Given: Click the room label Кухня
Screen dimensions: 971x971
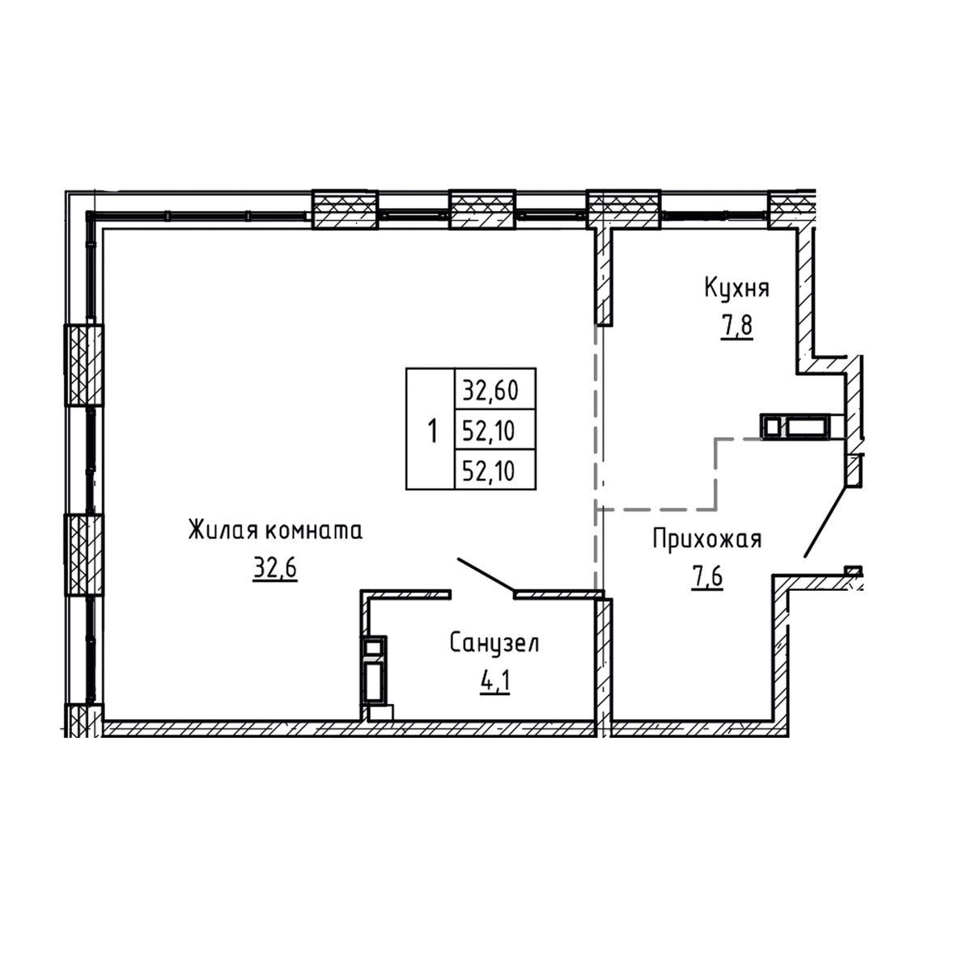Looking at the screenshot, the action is [736, 289].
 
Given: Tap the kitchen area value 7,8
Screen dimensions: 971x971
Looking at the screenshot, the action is [736, 325].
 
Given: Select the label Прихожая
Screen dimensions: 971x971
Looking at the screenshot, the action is [707, 540].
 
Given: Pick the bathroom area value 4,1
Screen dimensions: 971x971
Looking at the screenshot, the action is [495, 683].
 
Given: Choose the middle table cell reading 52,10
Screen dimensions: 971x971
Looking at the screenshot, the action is [495, 430].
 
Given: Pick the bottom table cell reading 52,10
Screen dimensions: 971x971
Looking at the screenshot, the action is [495, 469].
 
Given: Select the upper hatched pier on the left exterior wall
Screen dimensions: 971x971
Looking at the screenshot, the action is [83, 365].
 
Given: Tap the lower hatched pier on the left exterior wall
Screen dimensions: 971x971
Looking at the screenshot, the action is [83, 554].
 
